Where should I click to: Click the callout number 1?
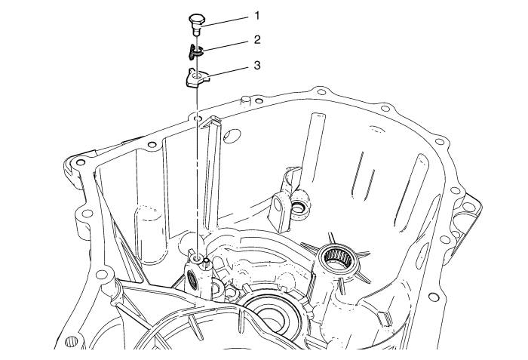[x=257, y=16]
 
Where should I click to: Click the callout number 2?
[x=257, y=40]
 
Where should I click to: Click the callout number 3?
[x=257, y=65]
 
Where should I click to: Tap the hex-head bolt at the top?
[x=195, y=23]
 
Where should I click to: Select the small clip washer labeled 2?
[x=192, y=51]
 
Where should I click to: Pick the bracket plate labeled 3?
[x=198, y=78]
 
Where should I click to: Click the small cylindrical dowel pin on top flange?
[x=245, y=100]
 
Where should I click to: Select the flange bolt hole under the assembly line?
[x=198, y=118]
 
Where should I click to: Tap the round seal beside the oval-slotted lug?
[x=298, y=208]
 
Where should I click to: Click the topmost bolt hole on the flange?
[x=321, y=92]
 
